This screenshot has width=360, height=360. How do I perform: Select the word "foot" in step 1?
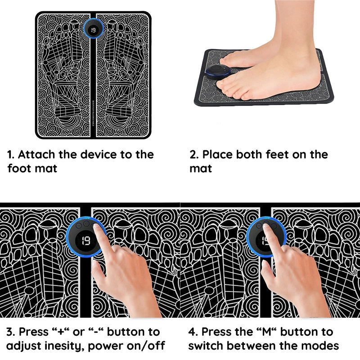pos(19,168)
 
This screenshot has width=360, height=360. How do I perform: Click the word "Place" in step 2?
pos(217,154)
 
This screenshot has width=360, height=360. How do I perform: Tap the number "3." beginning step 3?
pos(11,332)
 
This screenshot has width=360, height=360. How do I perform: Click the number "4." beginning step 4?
pos(193,332)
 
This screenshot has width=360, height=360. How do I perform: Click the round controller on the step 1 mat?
pos(93,29)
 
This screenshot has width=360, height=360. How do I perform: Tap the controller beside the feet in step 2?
pos(218,72)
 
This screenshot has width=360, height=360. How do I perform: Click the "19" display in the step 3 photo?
pos(86,241)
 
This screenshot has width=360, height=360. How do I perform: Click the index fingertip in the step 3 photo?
pos(97,226)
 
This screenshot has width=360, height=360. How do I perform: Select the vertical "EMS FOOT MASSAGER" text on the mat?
pos(93,113)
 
